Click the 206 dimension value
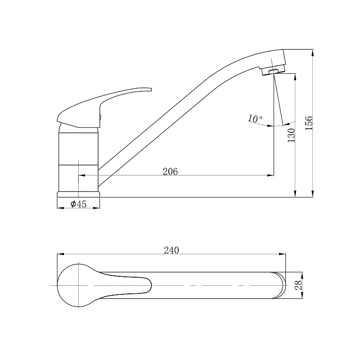(x=170, y=171)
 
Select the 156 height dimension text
(x=309, y=123)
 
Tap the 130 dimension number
(x=291, y=135)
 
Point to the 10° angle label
(x=255, y=118)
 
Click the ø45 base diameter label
(x=78, y=204)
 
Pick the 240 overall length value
(x=171, y=250)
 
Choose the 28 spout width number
(x=299, y=285)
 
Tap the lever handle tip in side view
(x=151, y=89)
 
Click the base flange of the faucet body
(x=78, y=194)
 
